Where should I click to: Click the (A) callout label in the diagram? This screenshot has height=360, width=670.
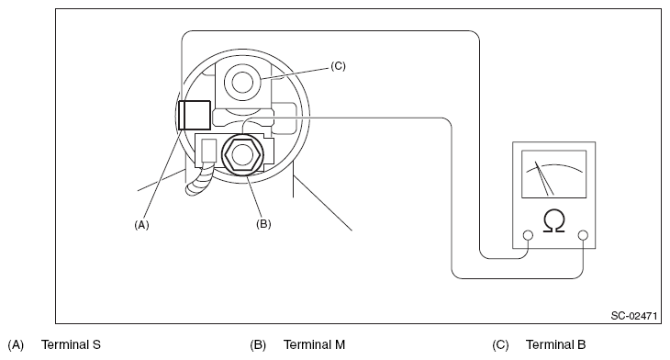[141, 224]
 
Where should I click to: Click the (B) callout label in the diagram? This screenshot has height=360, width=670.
[263, 223]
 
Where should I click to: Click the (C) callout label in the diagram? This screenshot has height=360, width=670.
[338, 66]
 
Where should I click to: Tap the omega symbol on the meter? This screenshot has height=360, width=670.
[553, 221]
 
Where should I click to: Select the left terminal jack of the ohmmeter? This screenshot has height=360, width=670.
[528, 235]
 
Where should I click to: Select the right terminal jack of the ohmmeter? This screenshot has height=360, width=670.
[583, 235]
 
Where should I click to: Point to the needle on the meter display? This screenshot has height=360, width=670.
[544, 178]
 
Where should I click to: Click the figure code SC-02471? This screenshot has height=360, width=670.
[633, 316]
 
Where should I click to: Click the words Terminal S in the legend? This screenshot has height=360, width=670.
[71, 344]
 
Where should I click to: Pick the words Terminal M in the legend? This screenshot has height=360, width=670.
[314, 344]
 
